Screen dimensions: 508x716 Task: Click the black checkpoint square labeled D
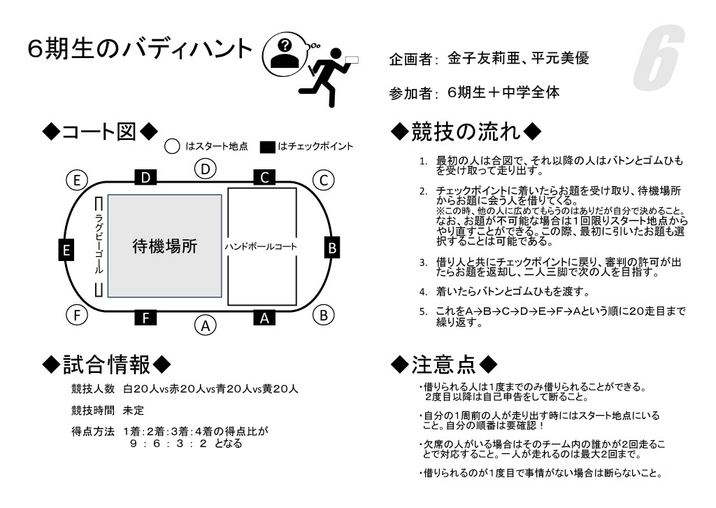[145, 178]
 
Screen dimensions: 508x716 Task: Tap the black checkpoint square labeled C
[264, 178]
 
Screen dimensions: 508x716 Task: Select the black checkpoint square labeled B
[333, 248]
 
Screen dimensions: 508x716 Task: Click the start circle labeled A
[205, 325]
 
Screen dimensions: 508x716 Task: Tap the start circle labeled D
[205, 169]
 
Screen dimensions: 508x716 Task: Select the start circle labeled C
[323, 180]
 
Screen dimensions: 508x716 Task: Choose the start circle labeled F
[77, 316]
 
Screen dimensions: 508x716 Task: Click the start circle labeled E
[77, 180]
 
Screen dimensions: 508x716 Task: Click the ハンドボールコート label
[261, 247]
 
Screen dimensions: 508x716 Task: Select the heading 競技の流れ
[465, 131]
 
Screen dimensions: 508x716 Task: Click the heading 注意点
[444, 365]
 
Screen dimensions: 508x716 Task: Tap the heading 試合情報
[106, 365]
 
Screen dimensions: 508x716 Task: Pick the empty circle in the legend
[172, 147]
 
